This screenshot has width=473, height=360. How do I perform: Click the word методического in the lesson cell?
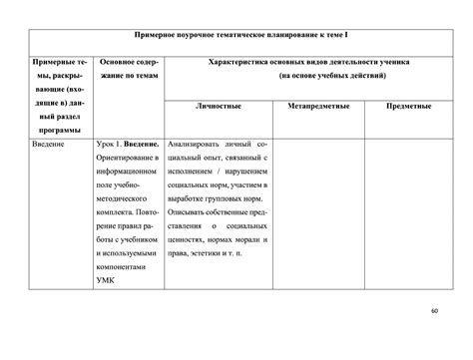pos(122,199)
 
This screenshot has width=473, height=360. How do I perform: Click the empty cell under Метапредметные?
pos(315,214)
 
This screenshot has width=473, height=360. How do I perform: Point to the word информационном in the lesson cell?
pos(126,173)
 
